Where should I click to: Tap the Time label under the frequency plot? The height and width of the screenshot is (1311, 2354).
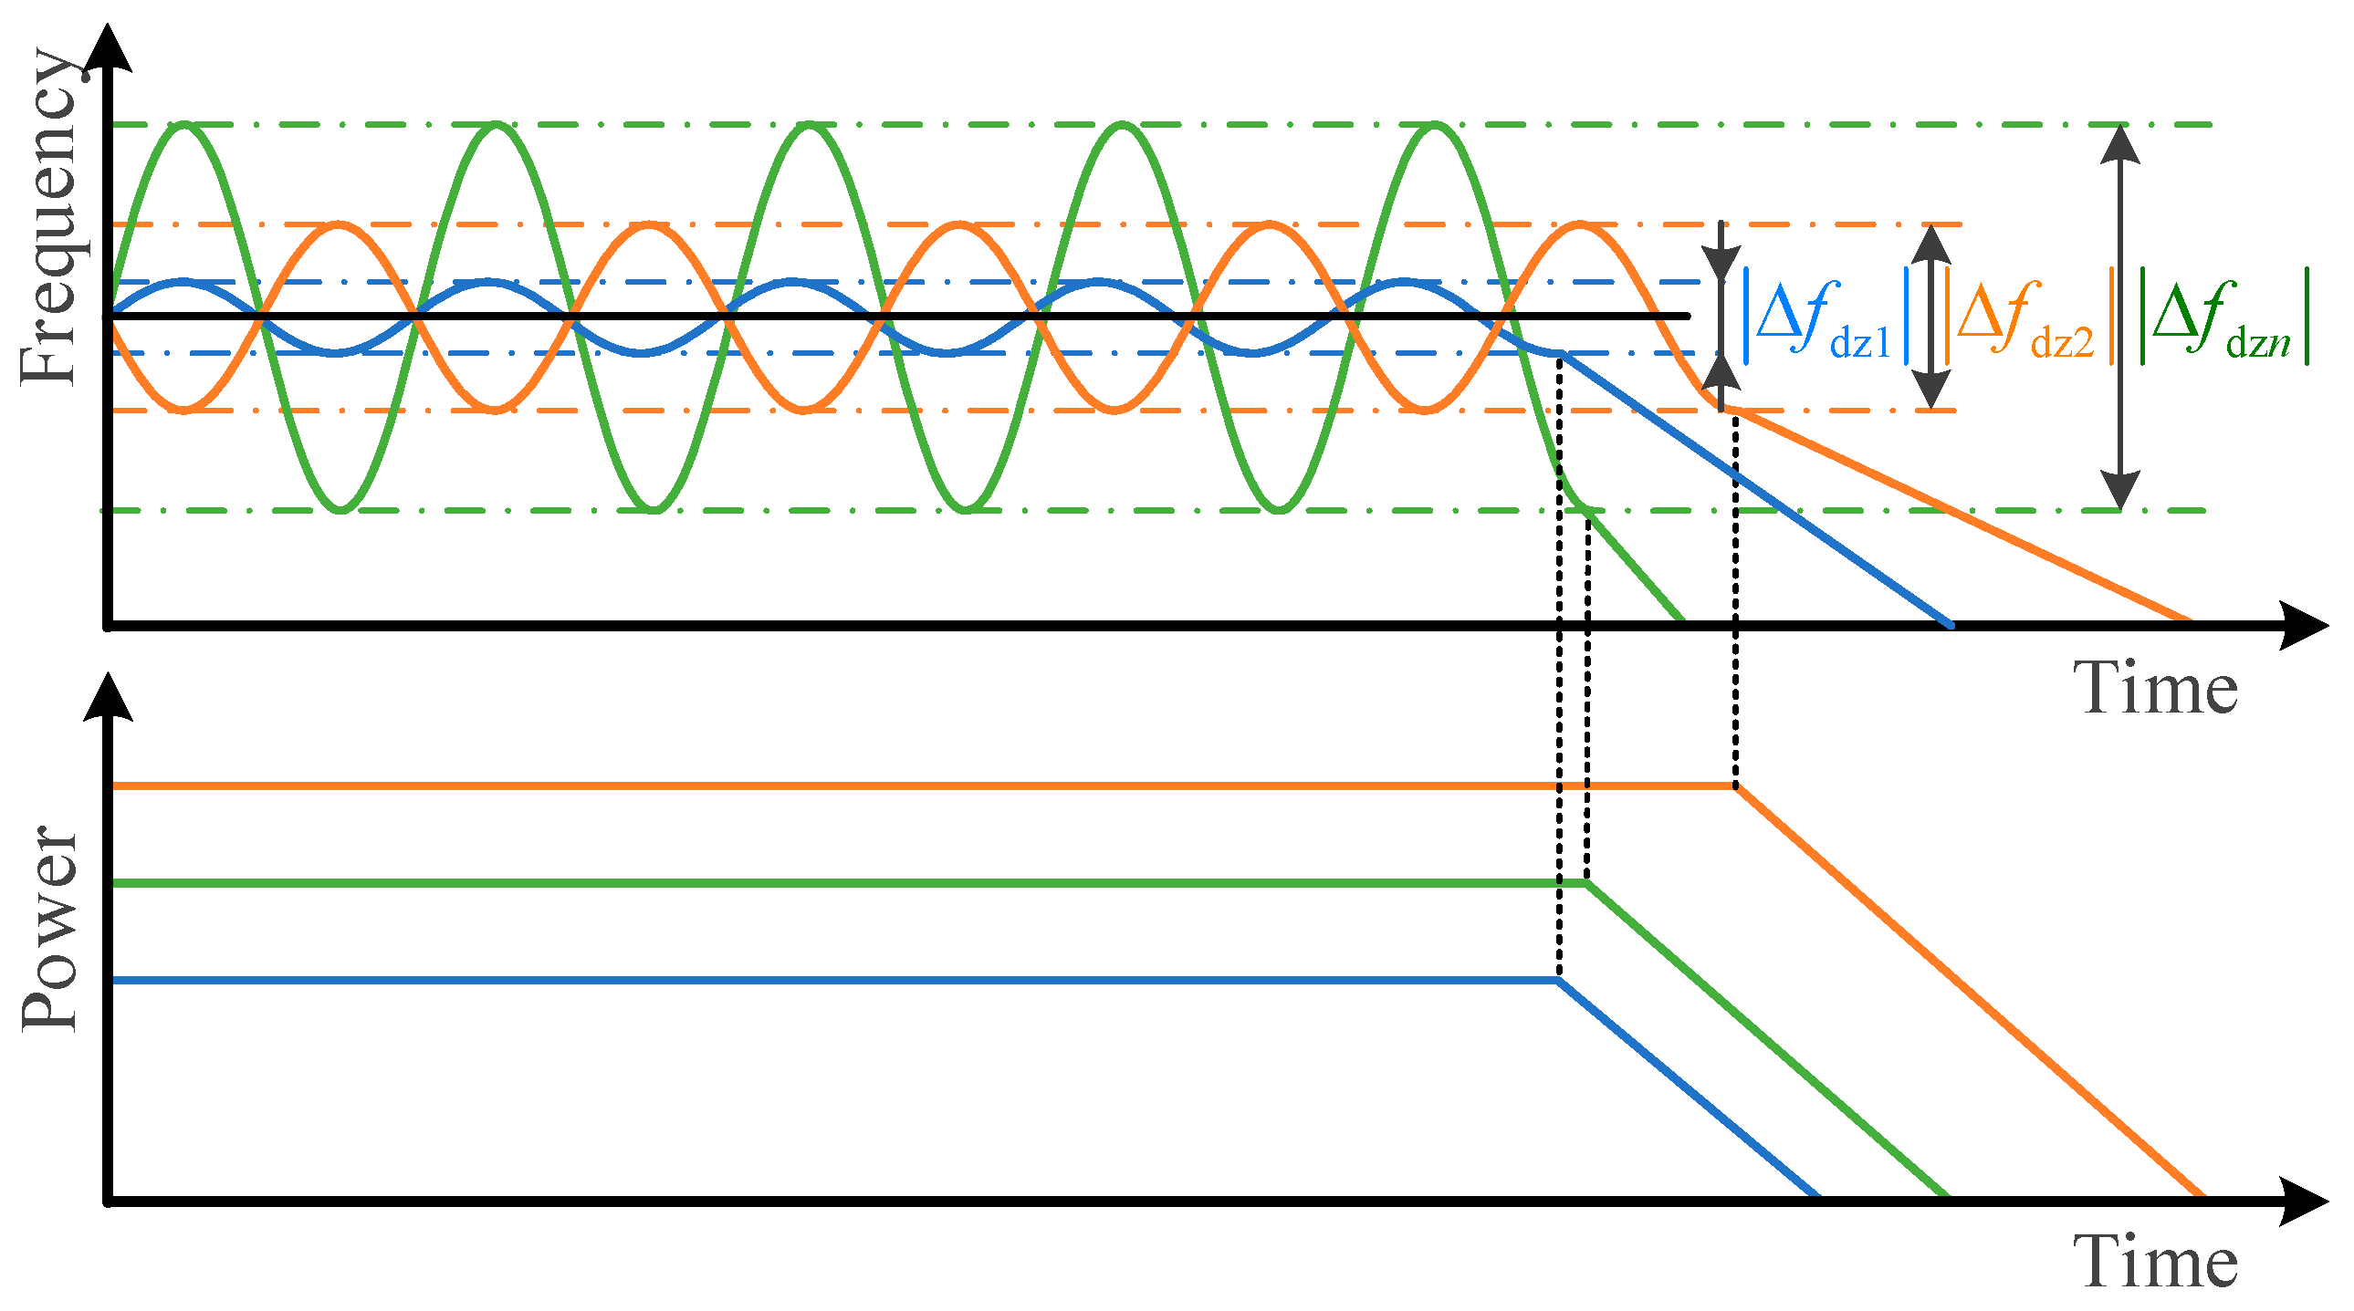click(x=2155, y=688)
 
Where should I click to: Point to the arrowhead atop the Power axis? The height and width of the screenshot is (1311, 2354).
click(x=108, y=697)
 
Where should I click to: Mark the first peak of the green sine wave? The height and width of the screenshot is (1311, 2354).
click(x=184, y=125)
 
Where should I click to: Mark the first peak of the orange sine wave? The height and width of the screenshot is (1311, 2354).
click(x=339, y=224)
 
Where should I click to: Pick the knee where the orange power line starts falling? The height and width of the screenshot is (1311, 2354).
click(x=1735, y=786)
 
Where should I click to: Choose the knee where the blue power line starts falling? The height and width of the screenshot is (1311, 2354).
click(x=1559, y=980)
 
